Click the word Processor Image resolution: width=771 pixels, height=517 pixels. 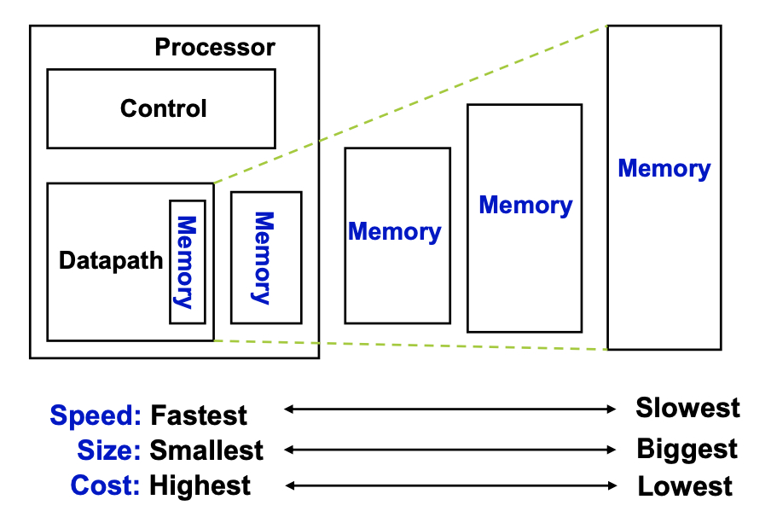coord(215,47)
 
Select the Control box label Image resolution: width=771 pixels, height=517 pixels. coord(163,108)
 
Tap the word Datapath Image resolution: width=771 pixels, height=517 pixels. coord(111,260)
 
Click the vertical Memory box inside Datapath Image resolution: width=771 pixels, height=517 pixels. coord(187,261)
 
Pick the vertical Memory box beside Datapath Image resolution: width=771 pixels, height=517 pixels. coord(265,258)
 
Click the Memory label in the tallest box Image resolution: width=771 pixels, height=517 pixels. coord(664,168)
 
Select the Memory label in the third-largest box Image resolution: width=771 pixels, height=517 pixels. coord(395,231)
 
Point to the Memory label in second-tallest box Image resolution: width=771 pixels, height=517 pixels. coord(525,205)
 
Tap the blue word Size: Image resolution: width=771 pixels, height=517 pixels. coord(109,450)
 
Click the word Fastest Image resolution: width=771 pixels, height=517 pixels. coord(199,415)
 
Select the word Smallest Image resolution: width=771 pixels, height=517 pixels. coord(206,450)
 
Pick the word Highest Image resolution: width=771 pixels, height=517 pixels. coord(200,485)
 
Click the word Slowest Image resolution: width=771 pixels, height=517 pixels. coord(687,407)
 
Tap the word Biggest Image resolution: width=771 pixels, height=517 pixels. coord(687,448)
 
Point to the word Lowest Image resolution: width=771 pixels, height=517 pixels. coord(685,486)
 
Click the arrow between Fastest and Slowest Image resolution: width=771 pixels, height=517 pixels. coord(449,410)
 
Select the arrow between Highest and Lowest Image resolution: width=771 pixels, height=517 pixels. coord(449,485)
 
